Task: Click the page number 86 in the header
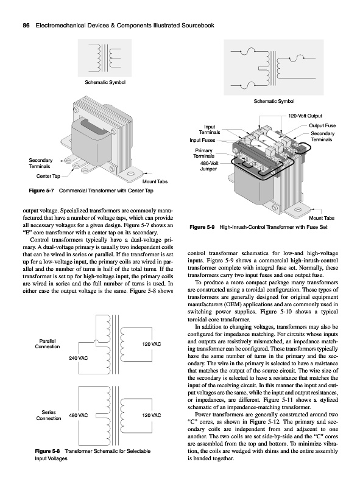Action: [26, 26]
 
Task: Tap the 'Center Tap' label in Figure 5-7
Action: [48, 176]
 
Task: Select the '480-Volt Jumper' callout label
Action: [209, 166]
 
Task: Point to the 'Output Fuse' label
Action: [322, 126]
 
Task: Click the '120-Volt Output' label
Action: [305, 116]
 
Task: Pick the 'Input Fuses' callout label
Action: [202, 141]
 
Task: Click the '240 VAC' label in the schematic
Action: [79, 358]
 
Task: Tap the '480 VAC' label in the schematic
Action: [79, 415]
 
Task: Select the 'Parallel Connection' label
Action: [48, 344]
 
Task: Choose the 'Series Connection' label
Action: [49, 415]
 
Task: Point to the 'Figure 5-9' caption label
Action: [202, 227]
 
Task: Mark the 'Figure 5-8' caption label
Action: [48, 451]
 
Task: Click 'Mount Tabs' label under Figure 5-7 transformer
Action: [155, 181]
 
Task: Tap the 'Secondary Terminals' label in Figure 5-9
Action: [322, 136]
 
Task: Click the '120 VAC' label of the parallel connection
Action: [152, 344]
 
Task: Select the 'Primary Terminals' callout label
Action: [204, 153]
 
